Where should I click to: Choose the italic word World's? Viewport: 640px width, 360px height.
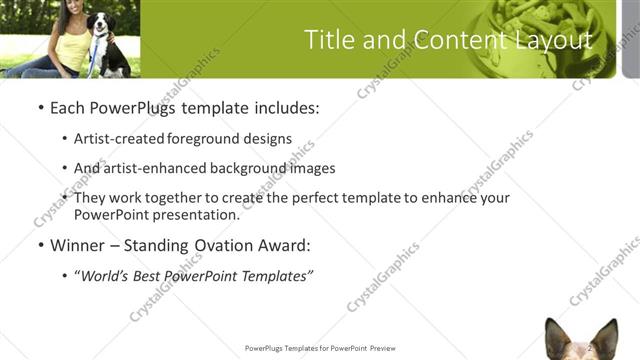click(105, 275)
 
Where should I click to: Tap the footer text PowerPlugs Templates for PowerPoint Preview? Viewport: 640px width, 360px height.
click(320, 348)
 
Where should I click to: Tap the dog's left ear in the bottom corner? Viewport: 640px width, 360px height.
click(557, 334)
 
